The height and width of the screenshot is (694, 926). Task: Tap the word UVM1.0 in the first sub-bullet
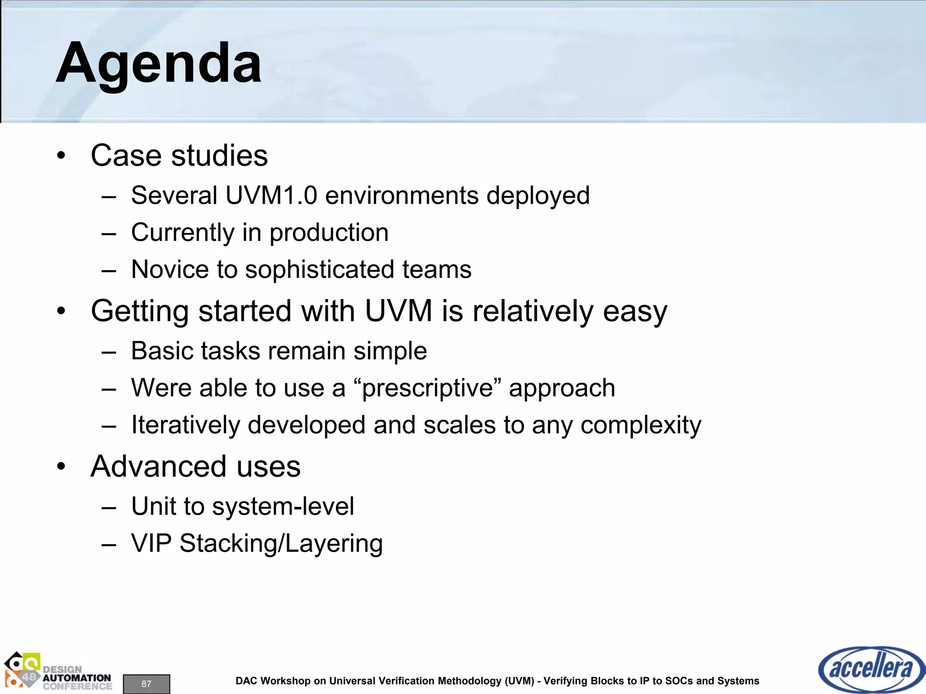tap(271, 196)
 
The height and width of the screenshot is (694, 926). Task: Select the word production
tap(329, 233)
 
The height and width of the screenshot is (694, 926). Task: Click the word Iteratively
tap(185, 426)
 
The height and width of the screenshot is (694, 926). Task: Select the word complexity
tap(641, 426)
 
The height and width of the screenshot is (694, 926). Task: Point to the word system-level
tap(283, 506)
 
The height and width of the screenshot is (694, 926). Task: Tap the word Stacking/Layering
tap(281, 544)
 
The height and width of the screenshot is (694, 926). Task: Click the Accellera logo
tap(871, 669)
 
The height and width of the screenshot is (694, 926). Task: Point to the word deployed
tap(538, 196)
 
